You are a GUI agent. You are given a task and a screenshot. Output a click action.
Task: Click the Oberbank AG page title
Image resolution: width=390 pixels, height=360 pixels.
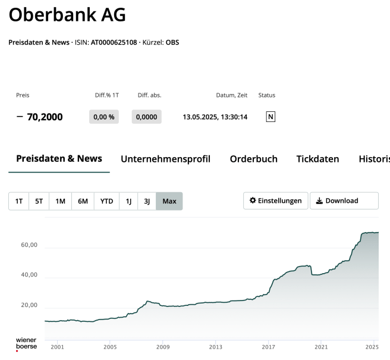coord(67,15)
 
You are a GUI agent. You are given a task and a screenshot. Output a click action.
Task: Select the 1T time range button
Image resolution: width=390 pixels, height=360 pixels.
coord(18,201)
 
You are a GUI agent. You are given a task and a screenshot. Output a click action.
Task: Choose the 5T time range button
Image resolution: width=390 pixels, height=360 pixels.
coord(39,201)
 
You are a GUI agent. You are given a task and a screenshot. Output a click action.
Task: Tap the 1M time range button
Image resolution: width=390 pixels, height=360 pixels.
coord(60,201)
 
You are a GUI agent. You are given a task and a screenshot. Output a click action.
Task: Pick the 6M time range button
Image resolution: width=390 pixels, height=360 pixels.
coord(83,201)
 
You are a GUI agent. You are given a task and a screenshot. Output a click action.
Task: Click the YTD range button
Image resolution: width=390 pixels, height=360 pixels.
coord(106,201)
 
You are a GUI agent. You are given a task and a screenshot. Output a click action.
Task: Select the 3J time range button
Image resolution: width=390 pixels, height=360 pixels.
coord(147,201)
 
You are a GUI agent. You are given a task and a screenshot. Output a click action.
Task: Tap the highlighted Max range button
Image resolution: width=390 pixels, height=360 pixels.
coord(169,201)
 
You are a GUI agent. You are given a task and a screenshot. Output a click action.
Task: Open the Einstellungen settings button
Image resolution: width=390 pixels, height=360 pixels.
coord(276,201)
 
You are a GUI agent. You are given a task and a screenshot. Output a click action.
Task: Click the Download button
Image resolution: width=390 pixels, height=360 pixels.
coord(344,201)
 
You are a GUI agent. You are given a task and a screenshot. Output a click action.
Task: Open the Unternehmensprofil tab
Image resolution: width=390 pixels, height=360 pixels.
coord(166,159)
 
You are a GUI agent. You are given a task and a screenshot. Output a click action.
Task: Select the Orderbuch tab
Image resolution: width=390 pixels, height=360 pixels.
coord(254,159)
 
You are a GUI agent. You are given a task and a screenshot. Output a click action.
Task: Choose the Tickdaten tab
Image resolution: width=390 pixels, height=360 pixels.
coord(317,159)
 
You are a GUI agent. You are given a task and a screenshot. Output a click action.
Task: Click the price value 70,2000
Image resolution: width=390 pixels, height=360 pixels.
coord(45,117)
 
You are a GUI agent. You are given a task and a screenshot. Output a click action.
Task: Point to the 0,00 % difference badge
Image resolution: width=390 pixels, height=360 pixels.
coord(104,117)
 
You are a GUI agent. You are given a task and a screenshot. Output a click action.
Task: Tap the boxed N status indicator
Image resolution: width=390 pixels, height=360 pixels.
coord(271,117)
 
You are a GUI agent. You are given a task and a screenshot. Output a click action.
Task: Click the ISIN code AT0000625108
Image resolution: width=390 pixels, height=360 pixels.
coord(114,43)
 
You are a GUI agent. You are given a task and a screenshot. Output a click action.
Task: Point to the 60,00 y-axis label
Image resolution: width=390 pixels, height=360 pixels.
coord(29,245)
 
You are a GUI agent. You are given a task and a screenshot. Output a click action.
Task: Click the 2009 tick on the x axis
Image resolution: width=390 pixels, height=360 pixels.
coord(163,346)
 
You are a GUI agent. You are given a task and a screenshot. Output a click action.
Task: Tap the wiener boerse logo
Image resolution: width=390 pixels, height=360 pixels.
coord(26,343)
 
